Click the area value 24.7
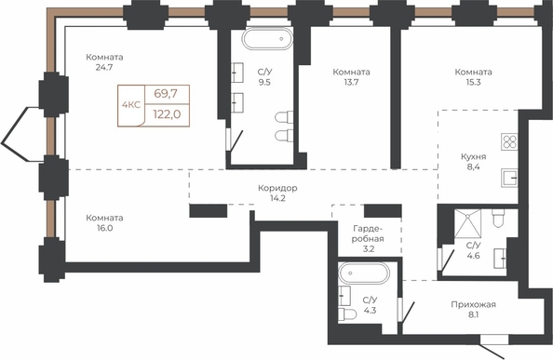(104, 67)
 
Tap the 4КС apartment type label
(131, 104)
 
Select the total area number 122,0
(168, 114)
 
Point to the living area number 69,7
(166, 94)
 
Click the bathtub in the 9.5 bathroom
(267, 39)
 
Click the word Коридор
(277, 188)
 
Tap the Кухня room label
(474, 157)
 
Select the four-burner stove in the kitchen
(509, 142)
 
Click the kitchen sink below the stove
(509, 178)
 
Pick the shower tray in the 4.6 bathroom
(467, 223)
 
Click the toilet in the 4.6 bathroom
(499, 219)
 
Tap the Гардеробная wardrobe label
(369, 233)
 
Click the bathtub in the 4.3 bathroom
(364, 273)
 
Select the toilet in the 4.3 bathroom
(347, 313)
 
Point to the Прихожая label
(473, 304)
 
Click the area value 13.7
(352, 82)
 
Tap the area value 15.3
(473, 82)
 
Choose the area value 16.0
(105, 228)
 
